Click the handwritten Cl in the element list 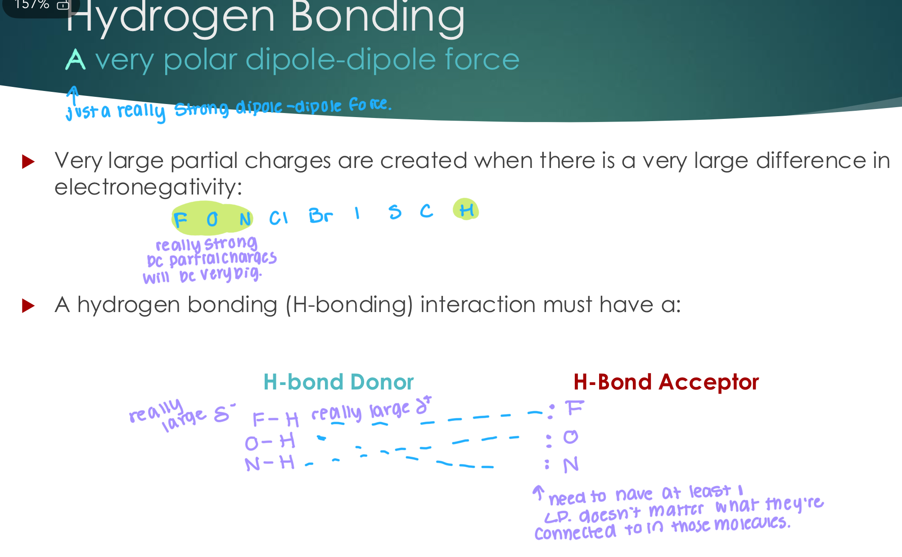tap(278, 218)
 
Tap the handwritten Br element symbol tap(320, 216)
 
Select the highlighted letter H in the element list tap(466, 210)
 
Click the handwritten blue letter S tap(395, 212)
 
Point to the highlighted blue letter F tap(180, 220)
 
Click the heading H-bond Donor tap(338, 382)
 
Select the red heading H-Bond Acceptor tap(666, 382)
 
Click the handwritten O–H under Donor tap(270, 442)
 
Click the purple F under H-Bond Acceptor tap(574, 408)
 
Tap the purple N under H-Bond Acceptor tap(571, 465)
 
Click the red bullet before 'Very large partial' tap(28, 162)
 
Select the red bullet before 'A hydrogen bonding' tap(28, 306)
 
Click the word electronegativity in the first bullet tap(148, 186)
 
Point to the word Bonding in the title tap(377, 18)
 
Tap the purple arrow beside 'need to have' tap(538, 492)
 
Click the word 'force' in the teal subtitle tap(482, 59)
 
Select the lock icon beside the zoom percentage tap(63, 5)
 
